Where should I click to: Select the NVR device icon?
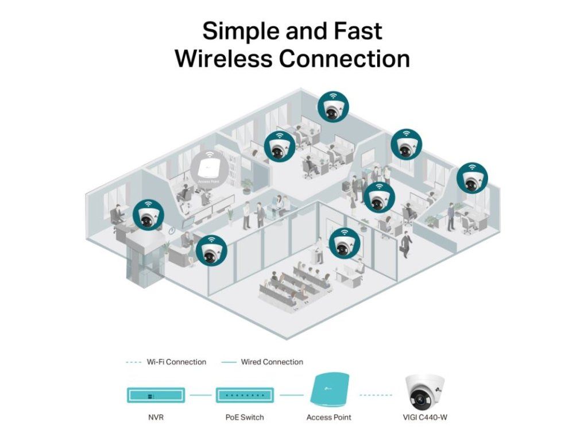[x=156, y=395]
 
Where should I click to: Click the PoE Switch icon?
[x=245, y=395]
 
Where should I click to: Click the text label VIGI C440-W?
[x=425, y=417]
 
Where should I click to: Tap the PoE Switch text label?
[x=245, y=417]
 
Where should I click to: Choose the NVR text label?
[x=156, y=417]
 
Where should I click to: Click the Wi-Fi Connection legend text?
[x=176, y=362]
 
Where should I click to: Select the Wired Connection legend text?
[x=272, y=362]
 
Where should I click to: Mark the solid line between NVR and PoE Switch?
[x=200, y=395]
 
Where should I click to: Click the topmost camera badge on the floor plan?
[x=334, y=107]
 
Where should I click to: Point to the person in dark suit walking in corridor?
[x=406, y=244]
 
